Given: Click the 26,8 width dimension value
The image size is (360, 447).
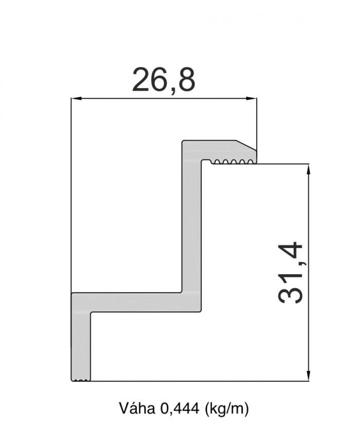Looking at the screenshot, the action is [x=164, y=80].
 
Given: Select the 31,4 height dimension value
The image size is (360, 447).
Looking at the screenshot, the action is [x=290, y=273].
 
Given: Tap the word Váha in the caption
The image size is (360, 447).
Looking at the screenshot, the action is [x=137, y=409].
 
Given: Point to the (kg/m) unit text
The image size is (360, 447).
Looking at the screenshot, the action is [x=227, y=409].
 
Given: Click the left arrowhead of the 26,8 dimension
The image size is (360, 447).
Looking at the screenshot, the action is [x=77, y=98].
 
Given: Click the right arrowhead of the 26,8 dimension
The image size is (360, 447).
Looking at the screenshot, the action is [x=251, y=98].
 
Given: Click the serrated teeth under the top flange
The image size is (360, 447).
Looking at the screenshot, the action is [x=233, y=162].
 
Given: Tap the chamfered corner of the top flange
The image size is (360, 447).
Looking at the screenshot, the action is [x=246, y=145].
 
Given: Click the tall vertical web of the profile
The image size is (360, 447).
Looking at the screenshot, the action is [x=192, y=225].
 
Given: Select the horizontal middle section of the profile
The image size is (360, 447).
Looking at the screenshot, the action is [x=137, y=302].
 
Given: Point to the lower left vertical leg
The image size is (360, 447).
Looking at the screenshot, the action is [x=81, y=346].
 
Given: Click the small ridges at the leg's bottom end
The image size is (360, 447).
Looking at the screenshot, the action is [x=81, y=380].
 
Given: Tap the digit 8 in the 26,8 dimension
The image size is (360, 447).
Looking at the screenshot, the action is [x=185, y=80].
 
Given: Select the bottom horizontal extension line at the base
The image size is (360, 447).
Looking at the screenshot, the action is [x=200, y=381].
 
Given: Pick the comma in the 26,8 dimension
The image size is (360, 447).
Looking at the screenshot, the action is [x=172, y=91].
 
